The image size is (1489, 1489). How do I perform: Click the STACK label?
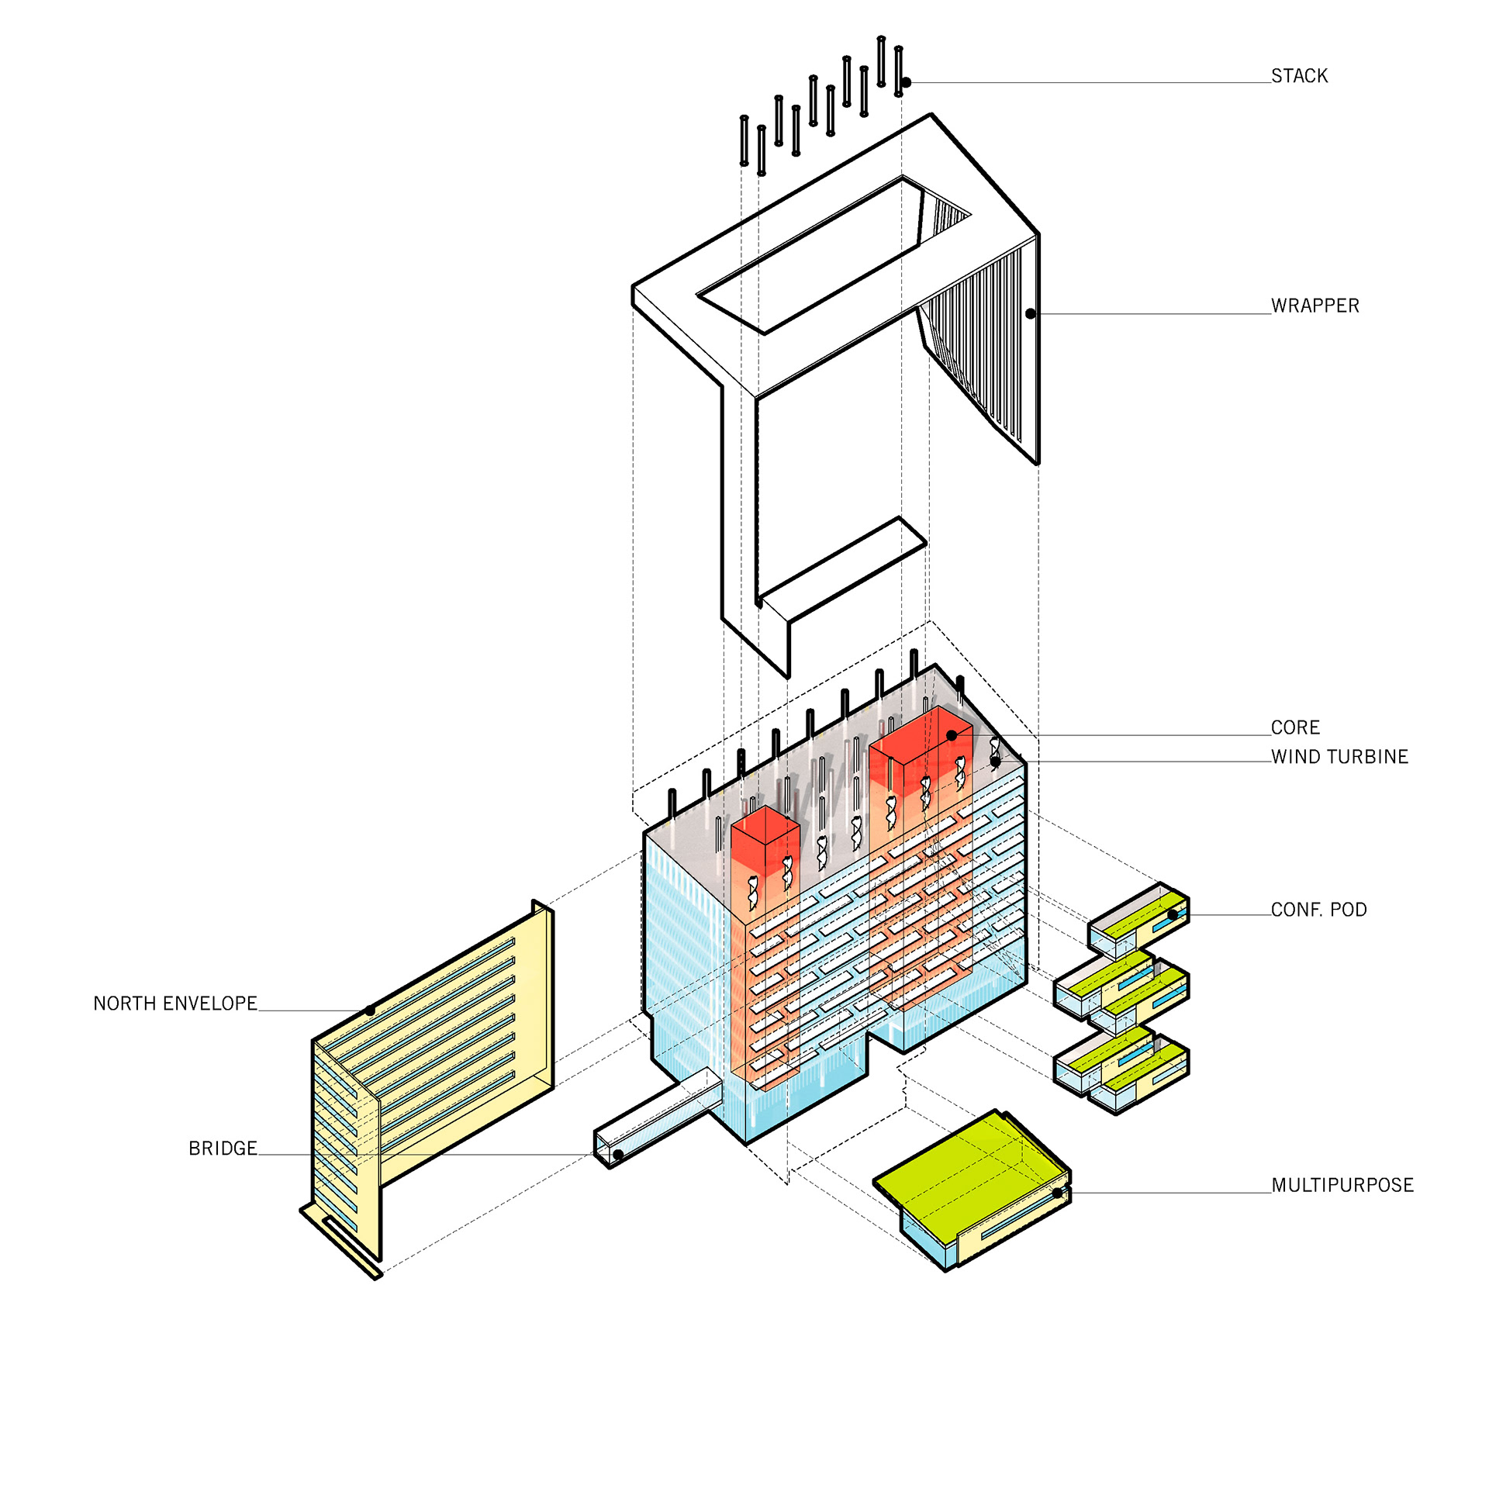coord(1299,76)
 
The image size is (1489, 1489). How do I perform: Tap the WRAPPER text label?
coord(1315,306)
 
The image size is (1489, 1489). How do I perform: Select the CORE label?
coord(1295,727)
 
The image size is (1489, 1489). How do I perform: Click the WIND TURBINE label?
coord(1339,757)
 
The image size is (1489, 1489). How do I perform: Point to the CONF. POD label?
coord(1318,910)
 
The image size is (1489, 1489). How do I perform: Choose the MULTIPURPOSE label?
coord(1342,1185)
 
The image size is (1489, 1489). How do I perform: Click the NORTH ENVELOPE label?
coord(175,1004)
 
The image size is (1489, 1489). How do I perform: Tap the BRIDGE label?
coord(223,1149)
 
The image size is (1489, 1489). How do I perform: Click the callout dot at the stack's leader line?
coord(906,82)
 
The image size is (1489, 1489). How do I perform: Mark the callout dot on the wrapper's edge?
coord(1031,314)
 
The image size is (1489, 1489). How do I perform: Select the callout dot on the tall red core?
coord(952,735)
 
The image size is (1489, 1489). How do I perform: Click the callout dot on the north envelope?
coord(371,1011)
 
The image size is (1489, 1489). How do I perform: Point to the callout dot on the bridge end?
coord(618,1155)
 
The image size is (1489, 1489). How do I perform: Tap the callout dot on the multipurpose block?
coord(1058,1193)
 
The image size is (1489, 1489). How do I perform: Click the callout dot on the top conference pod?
coord(1173,914)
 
